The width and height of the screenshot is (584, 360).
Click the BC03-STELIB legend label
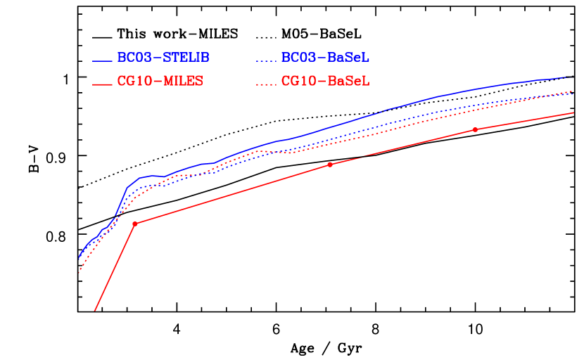tap(163, 58)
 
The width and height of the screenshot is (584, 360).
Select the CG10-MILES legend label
tap(160, 82)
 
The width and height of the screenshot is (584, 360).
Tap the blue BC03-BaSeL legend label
tap(325, 58)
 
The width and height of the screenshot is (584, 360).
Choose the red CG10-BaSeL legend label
tap(325, 82)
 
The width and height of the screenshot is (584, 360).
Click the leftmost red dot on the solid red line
tap(134, 224)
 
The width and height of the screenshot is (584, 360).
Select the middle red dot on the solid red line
tap(329, 165)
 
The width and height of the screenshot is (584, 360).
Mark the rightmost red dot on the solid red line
tap(476, 129)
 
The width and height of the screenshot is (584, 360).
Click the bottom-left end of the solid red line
tap(94, 311)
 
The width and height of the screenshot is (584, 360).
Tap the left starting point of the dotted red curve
tap(79, 273)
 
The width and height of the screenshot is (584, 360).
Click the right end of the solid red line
tap(573, 112)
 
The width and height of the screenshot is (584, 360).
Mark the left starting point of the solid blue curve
tap(79, 259)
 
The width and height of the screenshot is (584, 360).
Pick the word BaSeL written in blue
tap(348, 58)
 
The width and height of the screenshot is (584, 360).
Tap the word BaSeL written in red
tap(348, 82)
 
